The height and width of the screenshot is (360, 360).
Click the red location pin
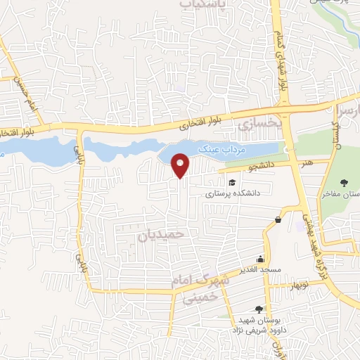181,165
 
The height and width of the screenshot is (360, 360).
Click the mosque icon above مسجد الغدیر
260,258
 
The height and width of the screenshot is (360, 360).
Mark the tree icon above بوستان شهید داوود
259,309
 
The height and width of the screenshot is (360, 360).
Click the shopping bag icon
278,219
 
